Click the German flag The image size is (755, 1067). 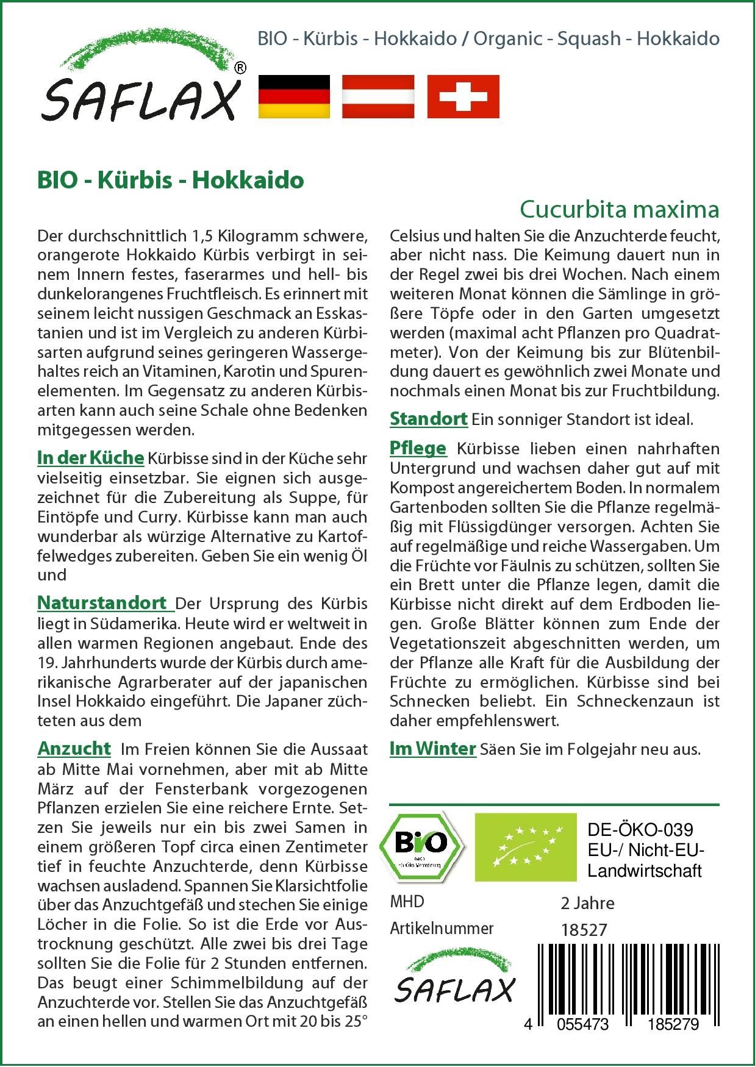[x=294, y=96]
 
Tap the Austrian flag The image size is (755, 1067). [x=378, y=96]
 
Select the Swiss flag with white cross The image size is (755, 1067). [x=463, y=96]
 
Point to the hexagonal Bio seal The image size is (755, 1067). [x=421, y=846]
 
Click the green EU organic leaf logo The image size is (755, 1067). [x=526, y=846]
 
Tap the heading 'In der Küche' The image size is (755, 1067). [x=90, y=457]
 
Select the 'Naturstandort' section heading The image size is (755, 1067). [x=102, y=602]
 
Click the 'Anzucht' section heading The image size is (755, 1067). [x=74, y=748]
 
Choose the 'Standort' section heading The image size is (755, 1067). [x=428, y=419]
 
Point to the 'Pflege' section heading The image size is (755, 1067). [x=418, y=448]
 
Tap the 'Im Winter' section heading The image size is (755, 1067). [x=432, y=748]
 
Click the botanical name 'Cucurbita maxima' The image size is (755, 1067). [x=619, y=209]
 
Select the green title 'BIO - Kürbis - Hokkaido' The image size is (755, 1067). [x=170, y=180]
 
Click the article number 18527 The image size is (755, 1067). [x=584, y=929]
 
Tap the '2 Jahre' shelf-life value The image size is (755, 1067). [x=587, y=902]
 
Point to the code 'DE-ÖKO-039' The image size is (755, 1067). [x=640, y=830]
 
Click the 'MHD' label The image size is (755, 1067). [x=407, y=901]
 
